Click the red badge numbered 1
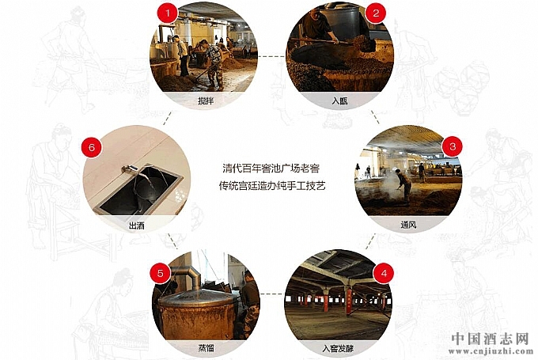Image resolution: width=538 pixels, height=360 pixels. tap(168, 13)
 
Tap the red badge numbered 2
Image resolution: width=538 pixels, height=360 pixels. tap(376, 13)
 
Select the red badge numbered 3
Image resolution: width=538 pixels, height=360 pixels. tap(453, 147)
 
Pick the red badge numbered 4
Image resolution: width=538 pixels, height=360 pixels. tap(384, 274)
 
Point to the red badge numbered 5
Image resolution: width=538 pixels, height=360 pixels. tap(161, 274)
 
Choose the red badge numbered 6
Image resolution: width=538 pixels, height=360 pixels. tap(92, 148)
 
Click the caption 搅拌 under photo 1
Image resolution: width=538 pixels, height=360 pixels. tap(206, 101)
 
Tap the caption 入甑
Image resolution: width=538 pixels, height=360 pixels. tap(339, 101)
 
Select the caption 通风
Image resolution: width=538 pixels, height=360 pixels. tap(408, 225)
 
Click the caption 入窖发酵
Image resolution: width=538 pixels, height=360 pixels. tap(338, 349)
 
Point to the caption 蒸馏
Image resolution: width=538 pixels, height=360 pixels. tap(206, 348)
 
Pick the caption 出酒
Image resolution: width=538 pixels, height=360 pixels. tap(137, 225)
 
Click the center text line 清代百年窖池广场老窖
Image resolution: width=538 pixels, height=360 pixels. tap(271, 169)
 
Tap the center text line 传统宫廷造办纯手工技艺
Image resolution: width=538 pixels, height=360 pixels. tap(272, 186)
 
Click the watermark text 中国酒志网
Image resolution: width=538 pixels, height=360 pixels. tap(490, 339)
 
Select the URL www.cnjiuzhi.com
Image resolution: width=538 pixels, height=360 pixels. tap(491, 351)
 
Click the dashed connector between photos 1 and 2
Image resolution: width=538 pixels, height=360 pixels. tap(271, 56)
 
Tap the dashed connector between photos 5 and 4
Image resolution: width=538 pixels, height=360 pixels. tap(273, 294)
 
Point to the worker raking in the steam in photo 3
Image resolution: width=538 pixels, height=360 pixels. tap(403, 184)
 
